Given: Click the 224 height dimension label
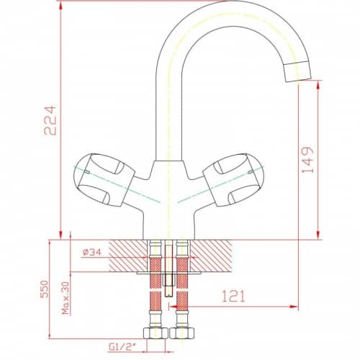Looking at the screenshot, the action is pyautogui.click(x=50, y=120).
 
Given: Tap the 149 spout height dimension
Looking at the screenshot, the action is pyautogui.click(x=307, y=160).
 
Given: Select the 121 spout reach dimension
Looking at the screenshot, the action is pyautogui.click(x=233, y=296).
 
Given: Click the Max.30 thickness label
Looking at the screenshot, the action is pyautogui.click(x=66, y=298).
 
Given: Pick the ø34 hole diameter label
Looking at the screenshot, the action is pyautogui.click(x=92, y=252).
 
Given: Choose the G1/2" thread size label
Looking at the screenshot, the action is pyautogui.click(x=122, y=347).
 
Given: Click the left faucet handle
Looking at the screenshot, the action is pyautogui.click(x=104, y=179).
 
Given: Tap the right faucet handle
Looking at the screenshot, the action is pyautogui.click(x=233, y=179).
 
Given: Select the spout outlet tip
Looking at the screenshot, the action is pyautogui.click(x=297, y=71).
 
